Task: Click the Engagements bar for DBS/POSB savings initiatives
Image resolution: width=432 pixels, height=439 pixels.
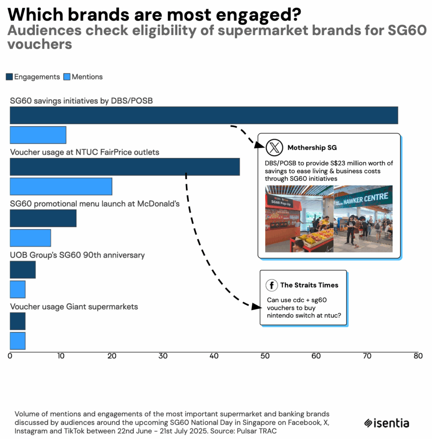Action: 204,116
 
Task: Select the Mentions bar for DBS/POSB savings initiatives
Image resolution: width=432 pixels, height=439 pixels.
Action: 38,135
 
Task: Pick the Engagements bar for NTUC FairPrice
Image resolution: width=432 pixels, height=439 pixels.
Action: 124,167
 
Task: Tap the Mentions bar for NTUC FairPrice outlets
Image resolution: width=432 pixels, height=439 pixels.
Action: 60,186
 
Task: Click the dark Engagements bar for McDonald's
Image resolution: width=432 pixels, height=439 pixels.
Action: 43,218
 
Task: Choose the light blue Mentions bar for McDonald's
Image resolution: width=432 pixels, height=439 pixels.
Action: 30,238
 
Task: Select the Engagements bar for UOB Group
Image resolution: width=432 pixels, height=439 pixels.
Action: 23,270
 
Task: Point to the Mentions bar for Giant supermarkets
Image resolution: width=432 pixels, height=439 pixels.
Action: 18,341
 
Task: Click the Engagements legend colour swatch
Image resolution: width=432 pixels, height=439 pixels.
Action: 9,77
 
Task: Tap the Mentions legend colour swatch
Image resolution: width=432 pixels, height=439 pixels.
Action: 66,77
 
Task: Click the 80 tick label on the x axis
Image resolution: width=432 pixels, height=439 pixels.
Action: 418,356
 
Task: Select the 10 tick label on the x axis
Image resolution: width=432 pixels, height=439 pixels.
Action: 61,356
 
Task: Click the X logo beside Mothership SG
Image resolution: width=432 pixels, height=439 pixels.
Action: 274,147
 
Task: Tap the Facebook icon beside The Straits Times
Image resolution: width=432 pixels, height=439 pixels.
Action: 271,285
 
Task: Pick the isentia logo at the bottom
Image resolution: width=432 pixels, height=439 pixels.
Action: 387,423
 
